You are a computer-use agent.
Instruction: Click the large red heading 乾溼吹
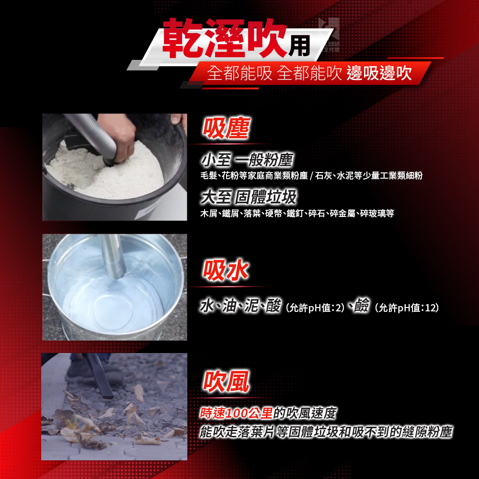pos(224,38)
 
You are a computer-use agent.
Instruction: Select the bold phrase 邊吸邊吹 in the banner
pos(379,73)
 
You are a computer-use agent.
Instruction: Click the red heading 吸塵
pos(226,128)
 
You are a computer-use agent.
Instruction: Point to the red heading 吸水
pos(226,270)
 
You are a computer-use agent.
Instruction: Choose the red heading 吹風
pos(226,381)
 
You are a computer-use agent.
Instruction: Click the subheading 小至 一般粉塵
pos(247,160)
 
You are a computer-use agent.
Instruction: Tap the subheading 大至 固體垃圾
pos(249,197)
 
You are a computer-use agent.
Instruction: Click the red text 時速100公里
pos(236,413)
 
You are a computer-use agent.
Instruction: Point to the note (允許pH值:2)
pos(315,308)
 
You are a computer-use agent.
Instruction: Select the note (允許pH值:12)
pos(407,308)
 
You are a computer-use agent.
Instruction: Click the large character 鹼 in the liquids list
pos(362,305)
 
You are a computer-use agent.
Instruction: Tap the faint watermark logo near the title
pos(329,34)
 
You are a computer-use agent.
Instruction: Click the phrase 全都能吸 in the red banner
pos(239,73)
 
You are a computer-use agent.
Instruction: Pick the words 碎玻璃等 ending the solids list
pos(377,213)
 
